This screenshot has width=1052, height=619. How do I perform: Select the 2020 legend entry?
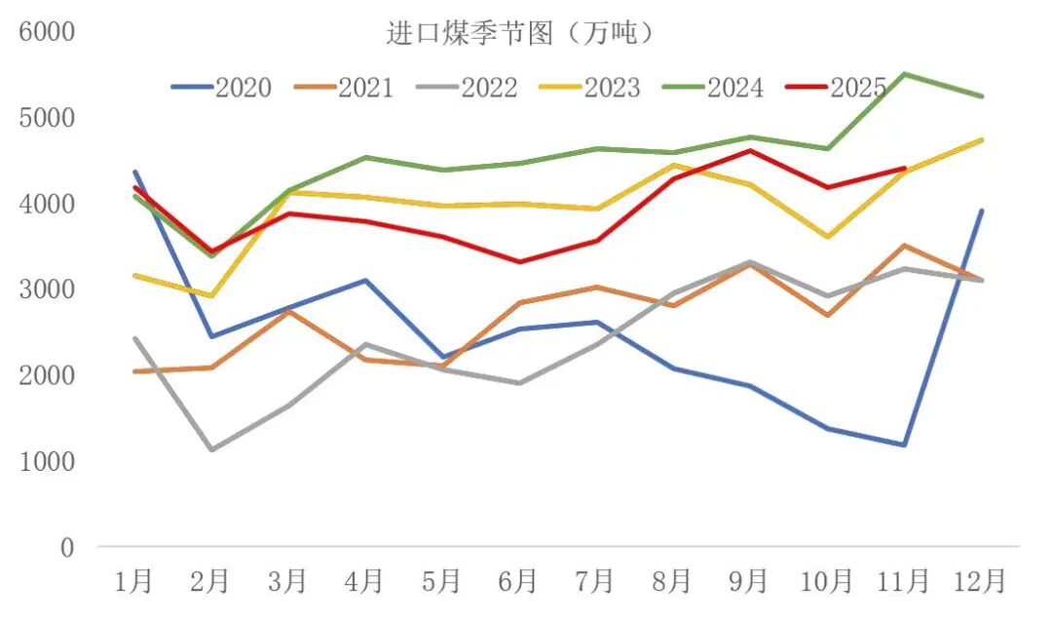(x=221, y=88)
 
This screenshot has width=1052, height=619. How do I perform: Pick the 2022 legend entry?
(x=468, y=88)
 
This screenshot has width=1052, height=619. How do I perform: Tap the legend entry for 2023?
(x=590, y=88)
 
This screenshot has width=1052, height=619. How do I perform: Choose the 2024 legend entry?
(x=714, y=88)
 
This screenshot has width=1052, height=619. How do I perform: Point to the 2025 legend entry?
(x=837, y=88)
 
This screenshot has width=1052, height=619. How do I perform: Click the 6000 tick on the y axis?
(x=47, y=32)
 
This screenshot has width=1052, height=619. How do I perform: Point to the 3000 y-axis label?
(x=47, y=290)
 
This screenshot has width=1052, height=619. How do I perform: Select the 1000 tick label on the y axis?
(x=47, y=461)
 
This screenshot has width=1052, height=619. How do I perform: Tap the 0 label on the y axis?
(x=66, y=548)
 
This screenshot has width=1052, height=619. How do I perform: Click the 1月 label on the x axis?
(x=133, y=582)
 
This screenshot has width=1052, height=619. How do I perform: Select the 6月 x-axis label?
(x=518, y=582)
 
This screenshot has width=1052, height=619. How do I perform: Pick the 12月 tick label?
(x=980, y=582)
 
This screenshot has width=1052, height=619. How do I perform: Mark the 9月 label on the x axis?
(x=749, y=582)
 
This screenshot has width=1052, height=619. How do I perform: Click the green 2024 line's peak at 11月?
(x=904, y=74)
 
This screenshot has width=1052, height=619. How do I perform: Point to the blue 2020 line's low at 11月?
(x=904, y=445)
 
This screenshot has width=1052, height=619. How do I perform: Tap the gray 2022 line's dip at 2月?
(x=211, y=449)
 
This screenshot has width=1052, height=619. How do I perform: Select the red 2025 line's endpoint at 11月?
(x=904, y=169)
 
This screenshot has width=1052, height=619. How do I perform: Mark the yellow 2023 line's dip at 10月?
(x=827, y=237)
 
